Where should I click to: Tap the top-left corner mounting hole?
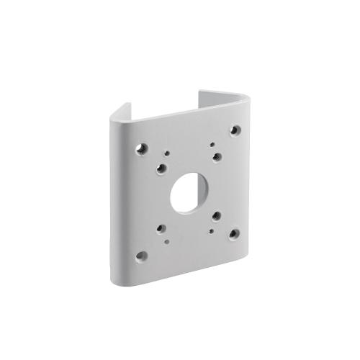pyautogui.click(x=143, y=148)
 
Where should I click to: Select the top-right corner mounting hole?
pyautogui.click(x=235, y=130)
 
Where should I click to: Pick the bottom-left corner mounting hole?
pyautogui.click(x=142, y=255)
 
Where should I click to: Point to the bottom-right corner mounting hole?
pyautogui.click(x=234, y=233)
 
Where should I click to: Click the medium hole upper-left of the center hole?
pyautogui.click(x=161, y=168)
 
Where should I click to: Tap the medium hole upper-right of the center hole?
pyautogui.click(x=217, y=157)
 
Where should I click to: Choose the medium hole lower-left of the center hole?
pyautogui.click(x=161, y=230)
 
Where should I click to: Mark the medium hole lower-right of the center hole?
pyautogui.click(x=217, y=215)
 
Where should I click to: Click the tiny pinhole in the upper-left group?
pyautogui.click(x=167, y=153)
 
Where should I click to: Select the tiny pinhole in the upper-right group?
pyautogui.click(x=212, y=145)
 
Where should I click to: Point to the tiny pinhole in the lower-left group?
pyautogui.click(x=167, y=242)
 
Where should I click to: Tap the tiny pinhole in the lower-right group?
pyautogui.click(x=212, y=231)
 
